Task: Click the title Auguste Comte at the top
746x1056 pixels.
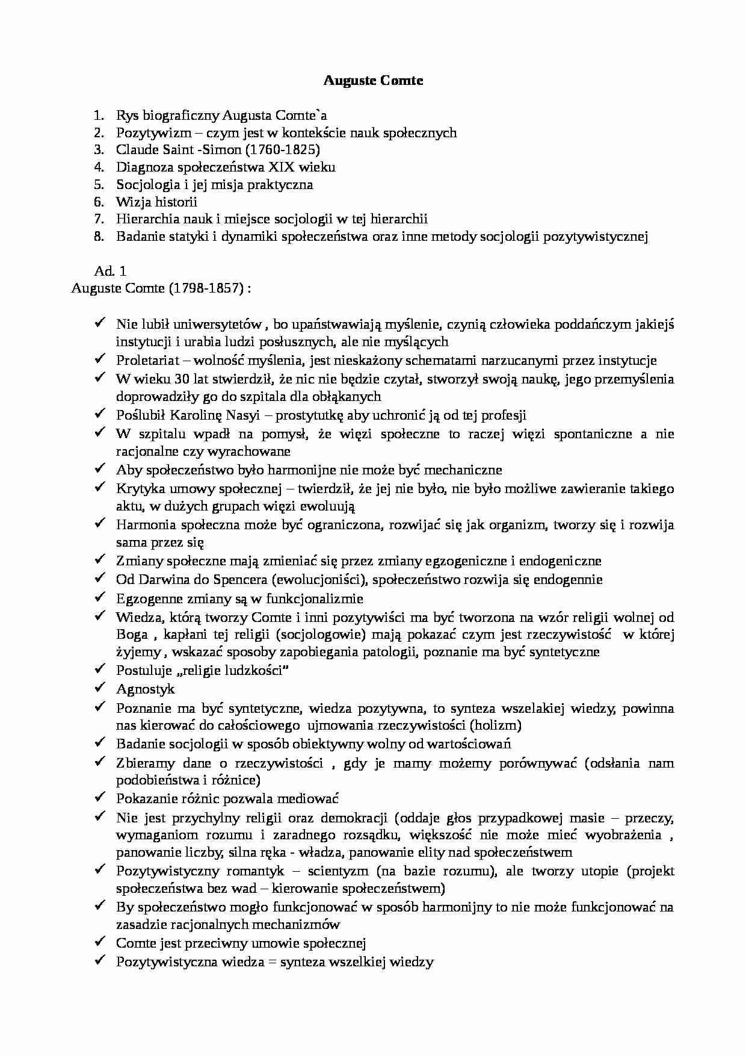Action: tap(373, 81)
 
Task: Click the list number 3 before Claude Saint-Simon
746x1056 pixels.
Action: tap(99, 150)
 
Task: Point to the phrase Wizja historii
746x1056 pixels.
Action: tap(156, 202)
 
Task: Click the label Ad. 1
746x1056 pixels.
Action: tap(110, 271)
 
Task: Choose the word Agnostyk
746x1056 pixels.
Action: tap(145, 689)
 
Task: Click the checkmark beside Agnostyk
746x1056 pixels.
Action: tap(100, 688)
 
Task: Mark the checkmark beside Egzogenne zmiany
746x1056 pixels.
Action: tap(100, 598)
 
